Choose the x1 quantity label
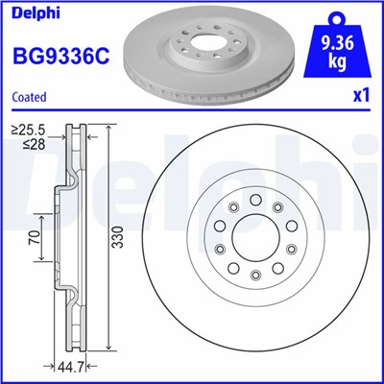point(362,96)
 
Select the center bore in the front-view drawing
point(249,241)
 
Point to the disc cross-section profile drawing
point(73,240)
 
